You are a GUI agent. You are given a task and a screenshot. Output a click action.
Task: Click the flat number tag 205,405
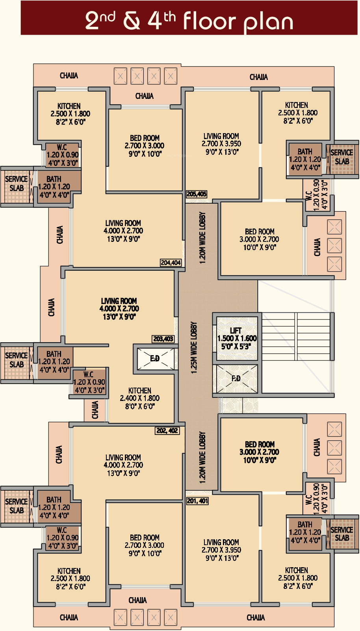coord(197,194)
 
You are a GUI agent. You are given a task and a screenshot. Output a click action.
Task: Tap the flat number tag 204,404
coord(171,263)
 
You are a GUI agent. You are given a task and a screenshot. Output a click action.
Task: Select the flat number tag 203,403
coord(163,339)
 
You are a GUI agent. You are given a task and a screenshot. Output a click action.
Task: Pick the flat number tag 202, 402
coord(167,431)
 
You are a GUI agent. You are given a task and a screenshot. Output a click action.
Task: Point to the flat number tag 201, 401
coord(197,501)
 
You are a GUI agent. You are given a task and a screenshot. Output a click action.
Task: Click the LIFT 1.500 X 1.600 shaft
coord(237,338)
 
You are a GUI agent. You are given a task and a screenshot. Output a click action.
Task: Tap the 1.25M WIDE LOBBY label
coord(194,348)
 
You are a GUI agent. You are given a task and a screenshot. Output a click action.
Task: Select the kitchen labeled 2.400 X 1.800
coord(140,398)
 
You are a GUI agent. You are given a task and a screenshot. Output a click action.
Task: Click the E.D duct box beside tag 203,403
coord(155,358)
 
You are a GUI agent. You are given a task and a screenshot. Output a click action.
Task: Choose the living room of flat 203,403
coord(119,309)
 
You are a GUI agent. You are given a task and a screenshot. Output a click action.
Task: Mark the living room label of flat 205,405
coord(221,144)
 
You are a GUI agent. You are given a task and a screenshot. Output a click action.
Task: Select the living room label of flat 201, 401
coord(221,550)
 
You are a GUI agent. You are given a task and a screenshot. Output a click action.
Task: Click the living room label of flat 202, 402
coord(123,465)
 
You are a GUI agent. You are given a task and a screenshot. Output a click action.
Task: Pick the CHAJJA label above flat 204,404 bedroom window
coord(145,96)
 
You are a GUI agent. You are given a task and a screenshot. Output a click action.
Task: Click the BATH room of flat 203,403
coord(54,362)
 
